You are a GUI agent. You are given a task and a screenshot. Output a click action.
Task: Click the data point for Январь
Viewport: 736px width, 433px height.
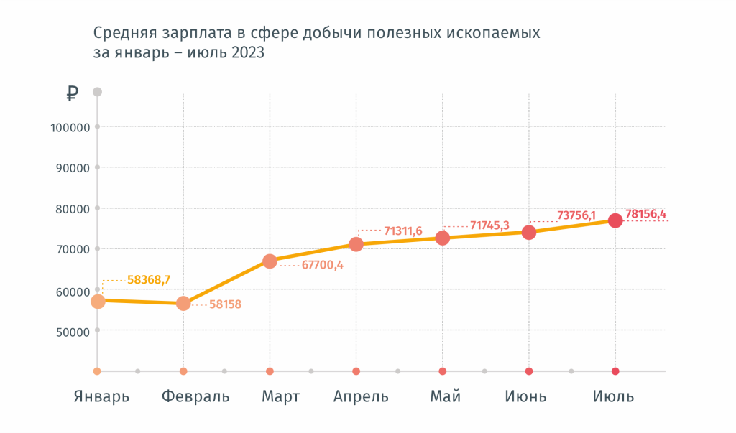point(98,301)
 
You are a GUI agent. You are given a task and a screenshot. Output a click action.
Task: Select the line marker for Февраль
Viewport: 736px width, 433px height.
point(183,303)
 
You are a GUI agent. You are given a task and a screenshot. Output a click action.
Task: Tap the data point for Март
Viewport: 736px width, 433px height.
point(270,261)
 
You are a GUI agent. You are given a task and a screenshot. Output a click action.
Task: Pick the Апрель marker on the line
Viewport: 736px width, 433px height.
point(356,244)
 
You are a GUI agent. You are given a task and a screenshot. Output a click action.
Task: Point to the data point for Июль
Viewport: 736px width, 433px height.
point(615,220)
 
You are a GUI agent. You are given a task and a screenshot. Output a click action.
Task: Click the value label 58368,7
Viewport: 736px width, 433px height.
point(148,279)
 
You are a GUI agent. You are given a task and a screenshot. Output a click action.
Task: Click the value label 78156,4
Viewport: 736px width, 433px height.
point(645,214)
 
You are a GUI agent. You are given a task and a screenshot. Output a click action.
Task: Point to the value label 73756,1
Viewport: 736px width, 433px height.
point(576,215)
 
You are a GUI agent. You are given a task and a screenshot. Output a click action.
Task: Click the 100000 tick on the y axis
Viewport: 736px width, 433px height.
point(70,127)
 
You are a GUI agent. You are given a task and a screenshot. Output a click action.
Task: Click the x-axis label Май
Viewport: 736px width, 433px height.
point(445,396)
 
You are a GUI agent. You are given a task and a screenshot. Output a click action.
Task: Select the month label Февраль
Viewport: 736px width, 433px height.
point(195,396)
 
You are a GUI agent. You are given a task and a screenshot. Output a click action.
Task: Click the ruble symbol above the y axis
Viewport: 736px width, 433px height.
point(72,93)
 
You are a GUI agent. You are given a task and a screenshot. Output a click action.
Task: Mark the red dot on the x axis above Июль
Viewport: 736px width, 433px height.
point(615,371)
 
